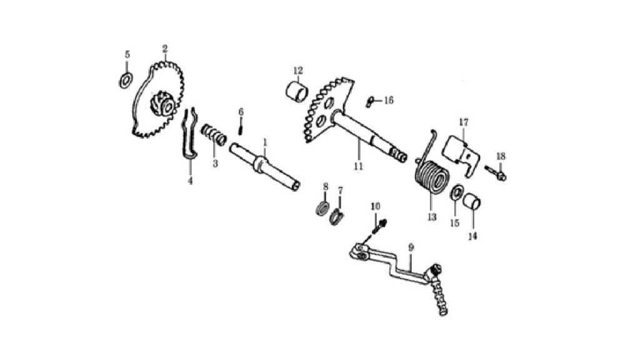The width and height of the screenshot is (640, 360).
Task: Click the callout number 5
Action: [x=127, y=55]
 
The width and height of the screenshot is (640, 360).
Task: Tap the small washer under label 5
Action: [x=126, y=80]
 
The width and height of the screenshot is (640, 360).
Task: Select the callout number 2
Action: [x=165, y=49]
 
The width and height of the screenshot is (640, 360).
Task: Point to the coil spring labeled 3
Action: [x=214, y=135]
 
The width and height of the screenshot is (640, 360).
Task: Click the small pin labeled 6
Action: [x=241, y=126]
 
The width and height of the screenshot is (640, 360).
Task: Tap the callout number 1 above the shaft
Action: [x=265, y=142]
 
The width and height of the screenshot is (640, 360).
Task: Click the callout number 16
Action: [x=389, y=101]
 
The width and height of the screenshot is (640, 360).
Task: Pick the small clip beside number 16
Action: [x=370, y=101]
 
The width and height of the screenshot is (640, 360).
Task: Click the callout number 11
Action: [x=358, y=166]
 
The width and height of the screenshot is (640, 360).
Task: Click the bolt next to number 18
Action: [x=496, y=172]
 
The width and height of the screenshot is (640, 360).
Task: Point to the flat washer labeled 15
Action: [x=456, y=192]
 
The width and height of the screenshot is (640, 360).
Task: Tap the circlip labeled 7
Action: [x=337, y=217]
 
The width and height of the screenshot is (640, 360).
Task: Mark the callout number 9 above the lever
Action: [x=411, y=247]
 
